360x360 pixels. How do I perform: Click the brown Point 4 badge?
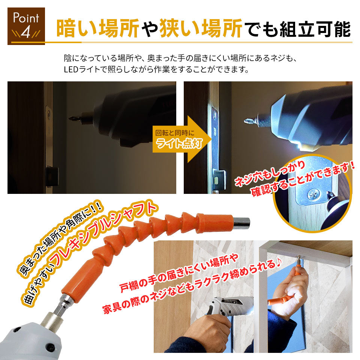(26, 26)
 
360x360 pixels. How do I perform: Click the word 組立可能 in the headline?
(315, 29)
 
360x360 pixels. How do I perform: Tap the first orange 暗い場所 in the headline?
(98, 28)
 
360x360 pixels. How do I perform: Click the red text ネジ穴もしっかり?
(270, 173)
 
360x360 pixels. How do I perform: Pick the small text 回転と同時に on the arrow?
(175, 133)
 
